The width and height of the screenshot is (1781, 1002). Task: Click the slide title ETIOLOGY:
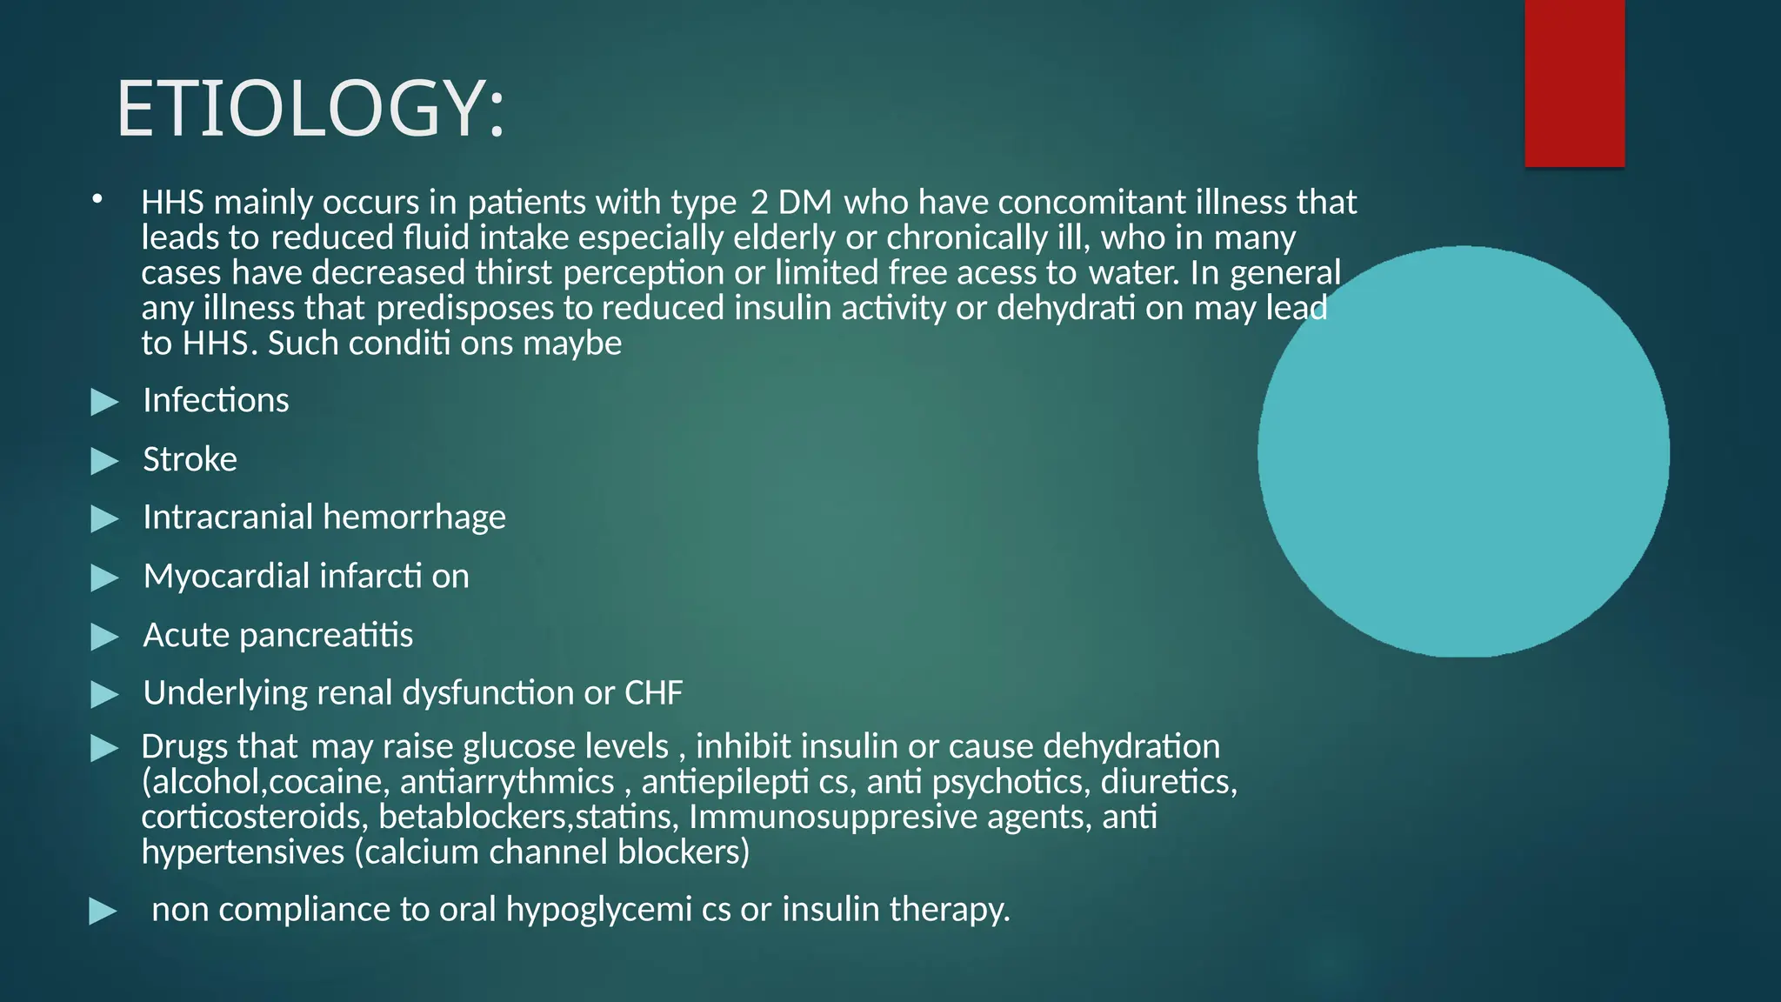point(310,109)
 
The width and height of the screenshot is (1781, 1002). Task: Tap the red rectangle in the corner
point(1574,83)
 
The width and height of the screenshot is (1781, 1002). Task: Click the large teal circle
point(1464,451)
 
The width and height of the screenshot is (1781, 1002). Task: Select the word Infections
point(216,401)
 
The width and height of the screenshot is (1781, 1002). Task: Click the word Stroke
point(190,459)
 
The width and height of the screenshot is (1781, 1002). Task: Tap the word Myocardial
point(226,577)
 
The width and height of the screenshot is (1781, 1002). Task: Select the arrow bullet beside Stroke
point(104,461)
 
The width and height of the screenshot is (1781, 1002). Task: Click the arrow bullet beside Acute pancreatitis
point(104,637)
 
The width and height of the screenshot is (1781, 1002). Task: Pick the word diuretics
point(1167,782)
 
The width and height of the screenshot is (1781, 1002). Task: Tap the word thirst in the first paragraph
point(513,273)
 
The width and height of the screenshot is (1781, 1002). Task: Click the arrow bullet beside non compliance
point(103,912)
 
